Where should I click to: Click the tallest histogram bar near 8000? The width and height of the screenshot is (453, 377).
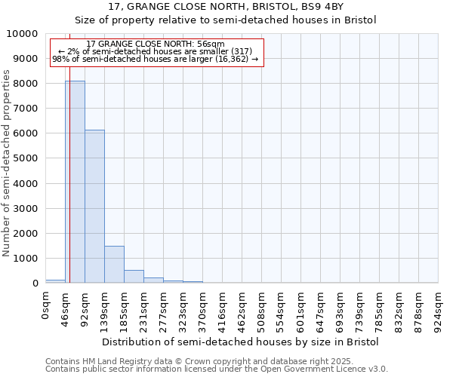[75, 182]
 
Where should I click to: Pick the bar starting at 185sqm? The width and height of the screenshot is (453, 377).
[134, 276]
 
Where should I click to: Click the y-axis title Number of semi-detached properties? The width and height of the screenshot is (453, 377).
[7, 163]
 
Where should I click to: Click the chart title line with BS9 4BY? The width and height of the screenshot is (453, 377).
[226, 7]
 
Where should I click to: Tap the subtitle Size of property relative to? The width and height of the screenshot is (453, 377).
[226, 20]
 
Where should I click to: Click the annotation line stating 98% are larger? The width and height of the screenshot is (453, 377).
[156, 59]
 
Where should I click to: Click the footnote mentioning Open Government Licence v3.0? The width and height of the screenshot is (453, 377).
[217, 369]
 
